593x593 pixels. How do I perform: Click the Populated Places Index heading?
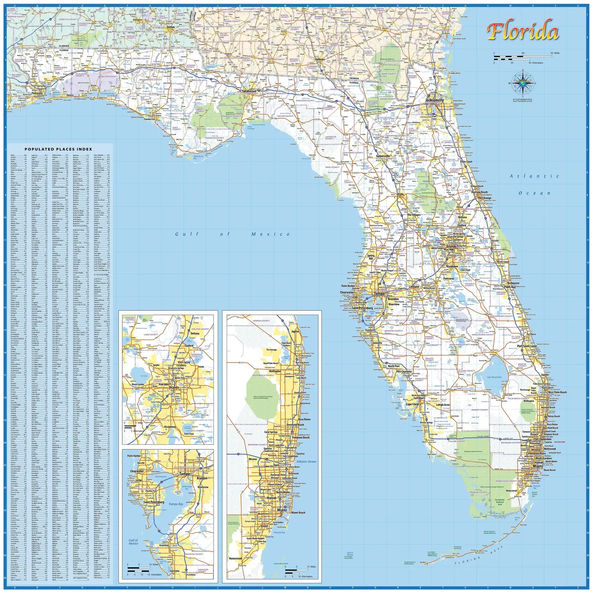[58, 149]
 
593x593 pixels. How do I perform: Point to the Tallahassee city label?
[249, 91]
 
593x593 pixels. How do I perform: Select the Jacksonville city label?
[434, 100]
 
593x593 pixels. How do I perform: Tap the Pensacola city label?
[37, 93]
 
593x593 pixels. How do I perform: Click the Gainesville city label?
[383, 156]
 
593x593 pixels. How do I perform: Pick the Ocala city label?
[400, 194]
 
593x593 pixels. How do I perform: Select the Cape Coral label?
[412, 404]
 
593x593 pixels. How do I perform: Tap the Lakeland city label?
[414, 287]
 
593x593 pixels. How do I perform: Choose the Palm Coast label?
[466, 162]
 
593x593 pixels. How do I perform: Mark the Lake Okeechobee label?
[494, 377]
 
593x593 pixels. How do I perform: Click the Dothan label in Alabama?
[171, 27]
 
